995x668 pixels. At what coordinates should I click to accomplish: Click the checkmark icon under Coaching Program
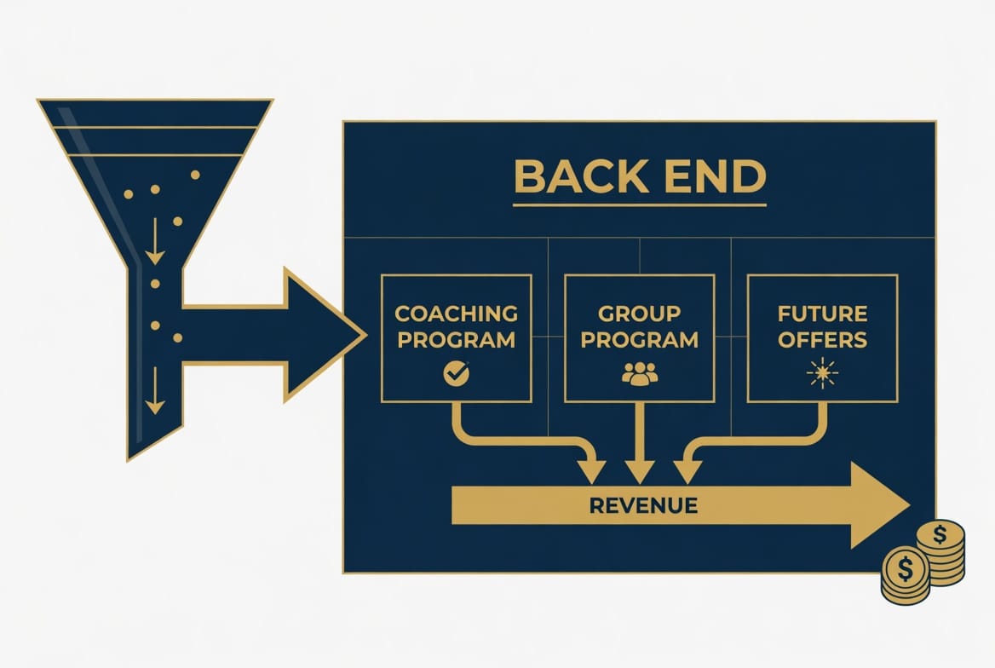click(457, 372)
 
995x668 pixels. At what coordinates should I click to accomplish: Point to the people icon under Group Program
click(640, 373)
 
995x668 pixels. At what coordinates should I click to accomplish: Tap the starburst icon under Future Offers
click(822, 372)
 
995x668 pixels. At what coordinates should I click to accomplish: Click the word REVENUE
click(643, 505)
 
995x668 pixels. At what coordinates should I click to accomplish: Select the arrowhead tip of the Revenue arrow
click(909, 505)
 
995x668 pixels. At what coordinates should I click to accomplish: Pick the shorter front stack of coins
click(906, 575)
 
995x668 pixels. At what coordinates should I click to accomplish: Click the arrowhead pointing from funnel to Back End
click(325, 335)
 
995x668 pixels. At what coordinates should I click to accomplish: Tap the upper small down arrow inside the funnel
click(155, 241)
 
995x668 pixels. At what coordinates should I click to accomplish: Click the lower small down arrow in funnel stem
click(155, 390)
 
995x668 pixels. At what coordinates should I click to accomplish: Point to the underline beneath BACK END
click(640, 205)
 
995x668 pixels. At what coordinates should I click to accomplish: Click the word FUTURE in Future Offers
click(822, 314)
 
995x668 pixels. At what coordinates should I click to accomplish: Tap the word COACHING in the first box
click(457, 314)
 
